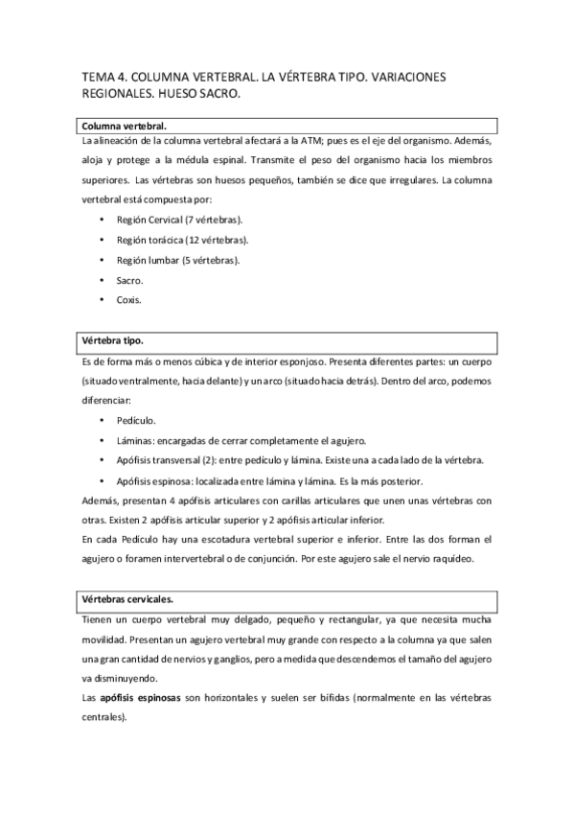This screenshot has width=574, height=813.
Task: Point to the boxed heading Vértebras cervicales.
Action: [x=126, y=599]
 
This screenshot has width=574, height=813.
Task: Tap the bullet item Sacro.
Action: [x=128, y=280]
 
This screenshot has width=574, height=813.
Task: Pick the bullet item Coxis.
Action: [x=128, y=300]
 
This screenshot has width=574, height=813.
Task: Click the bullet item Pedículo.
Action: [x=135, y=420]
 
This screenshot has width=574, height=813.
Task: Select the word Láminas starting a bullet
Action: [x=135, y=440]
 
